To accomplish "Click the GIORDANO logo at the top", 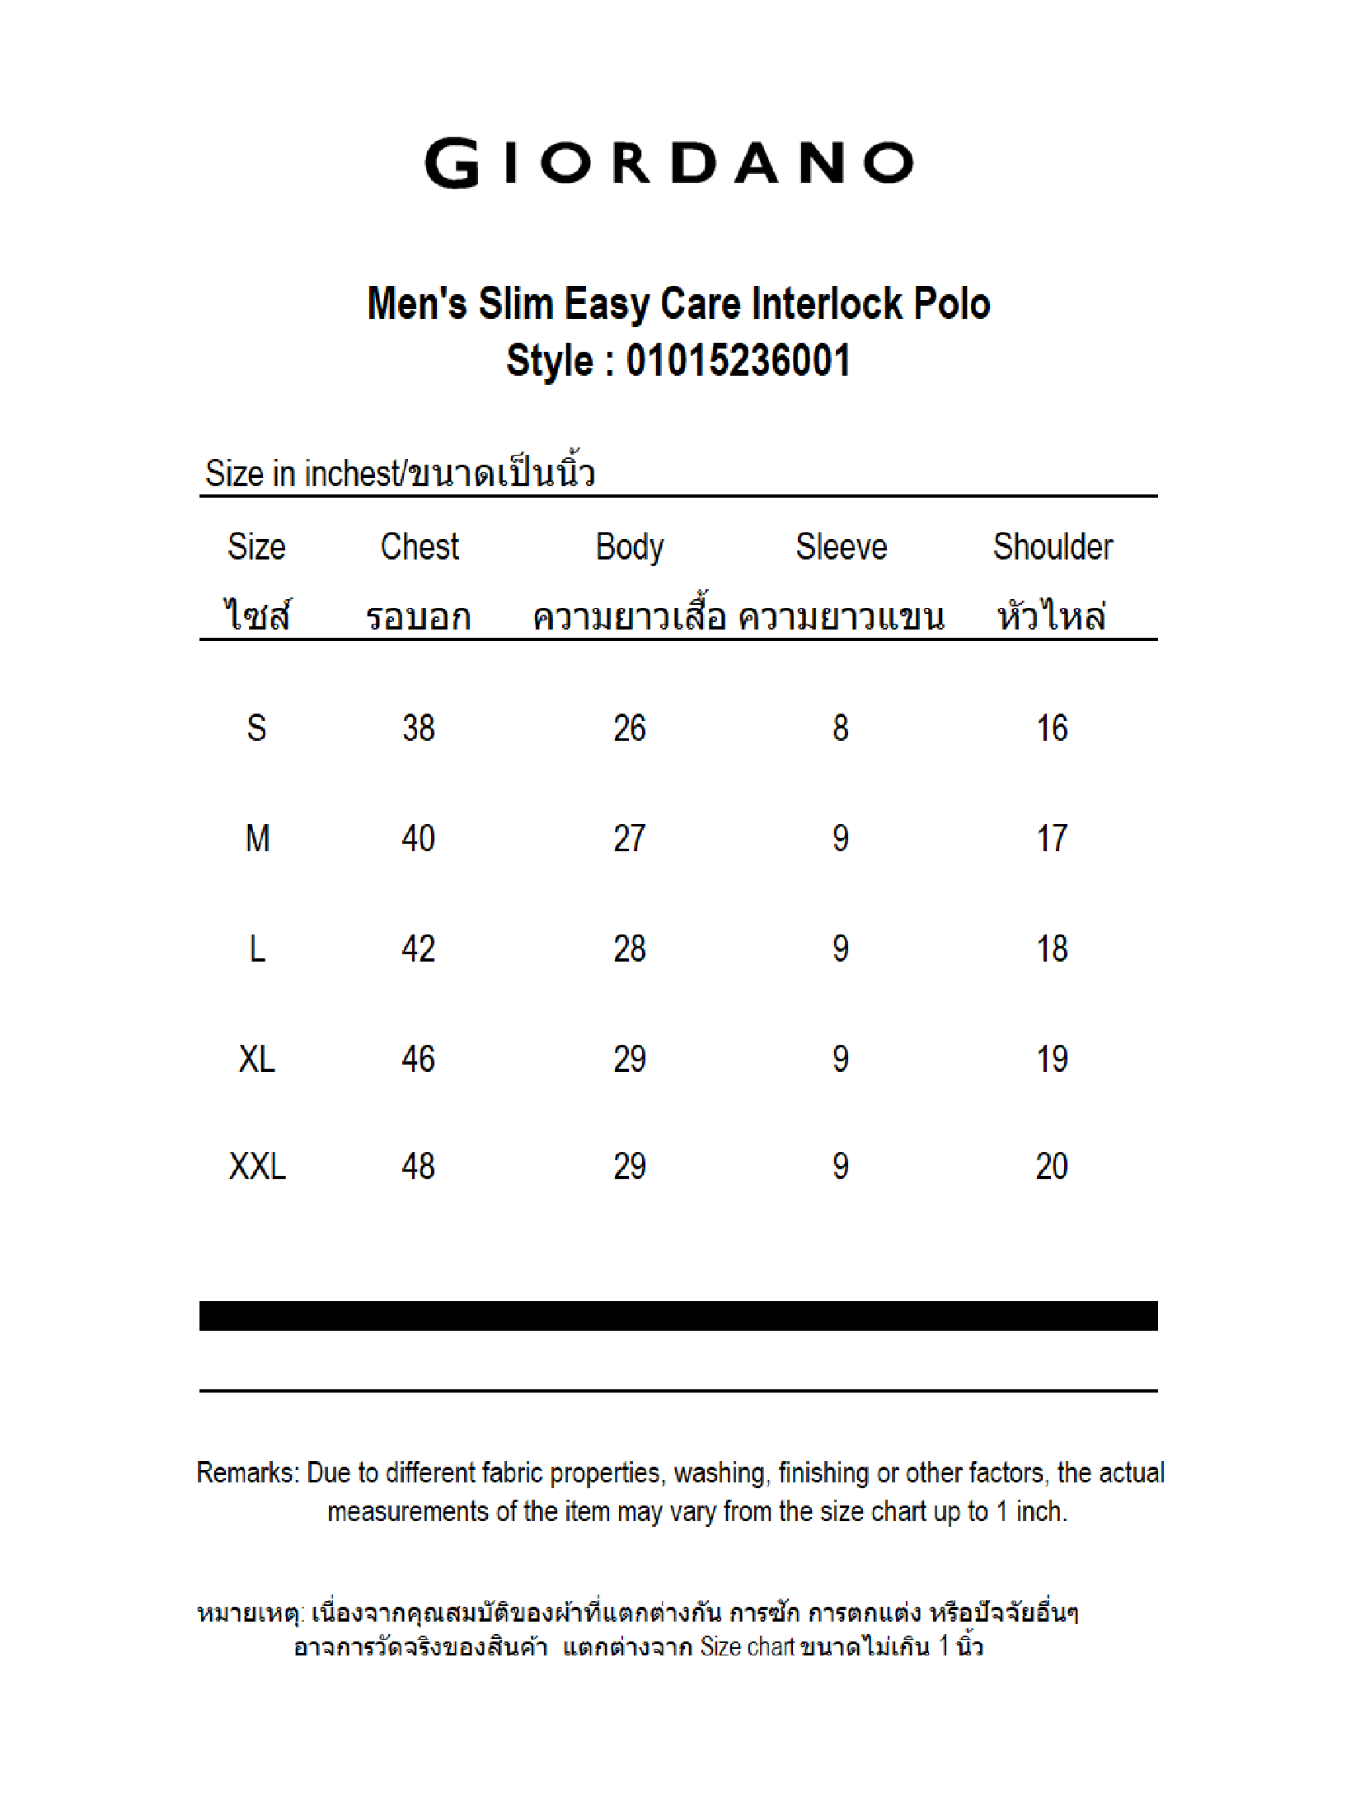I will tap(668, 163).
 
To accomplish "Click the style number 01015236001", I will tap(738, 361).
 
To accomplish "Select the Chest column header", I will tap(420, 547).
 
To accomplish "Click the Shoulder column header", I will tap(1053, 547).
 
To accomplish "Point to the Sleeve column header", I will tap(841, 547).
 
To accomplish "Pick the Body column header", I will tap(630, 547).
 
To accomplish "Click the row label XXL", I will tap(257, 1166).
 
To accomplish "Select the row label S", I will tap(256, 728).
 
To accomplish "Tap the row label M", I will tap(257, 839).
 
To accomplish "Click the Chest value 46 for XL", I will tap(418, 1059).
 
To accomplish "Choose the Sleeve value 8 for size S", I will tap(840, 728).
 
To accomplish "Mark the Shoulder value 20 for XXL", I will tap(1052, 1166).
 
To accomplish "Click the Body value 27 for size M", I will tap(629, 839).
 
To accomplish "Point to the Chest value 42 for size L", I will tap(418, 949).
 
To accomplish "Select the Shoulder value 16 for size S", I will tap(1052, 728).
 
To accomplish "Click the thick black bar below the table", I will tap(678, 1316).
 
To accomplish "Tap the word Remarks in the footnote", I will tap(246, 1473).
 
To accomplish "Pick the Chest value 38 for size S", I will tap(418, 728).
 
